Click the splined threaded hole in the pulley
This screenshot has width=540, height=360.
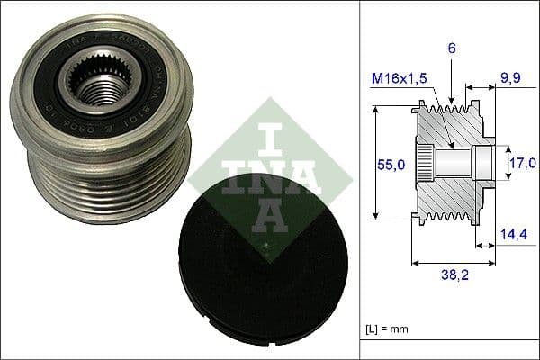(x=98, y=85)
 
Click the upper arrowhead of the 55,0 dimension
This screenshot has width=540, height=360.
(x=376, y=111)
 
